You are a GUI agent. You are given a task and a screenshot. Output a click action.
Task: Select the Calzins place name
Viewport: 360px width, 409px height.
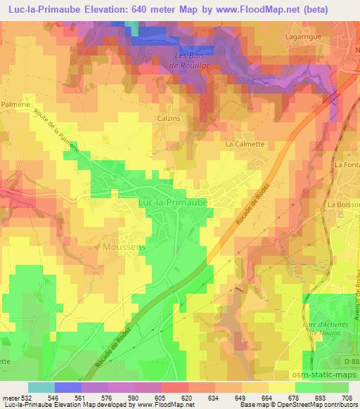[169, 119]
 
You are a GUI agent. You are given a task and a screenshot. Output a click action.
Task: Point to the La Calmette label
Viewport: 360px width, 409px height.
[244, 144]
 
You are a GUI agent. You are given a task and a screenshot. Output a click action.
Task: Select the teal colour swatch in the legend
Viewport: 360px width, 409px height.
[41, 387]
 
